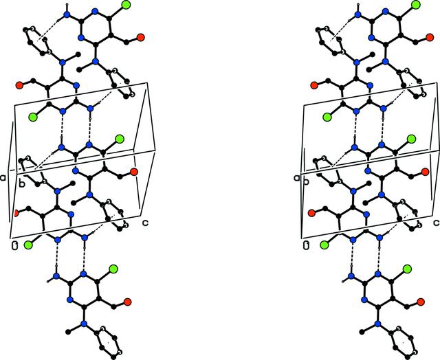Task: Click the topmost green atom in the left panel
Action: click(x=126, y=5)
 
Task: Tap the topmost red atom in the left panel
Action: click(x=140, y=37)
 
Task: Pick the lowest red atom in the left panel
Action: click(x=127, y=302)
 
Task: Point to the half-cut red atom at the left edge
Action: click(x=15, y=213)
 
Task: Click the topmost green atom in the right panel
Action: click(x=415, y=5)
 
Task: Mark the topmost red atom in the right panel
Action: click(x=430, y=37)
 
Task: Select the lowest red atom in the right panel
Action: click(x=420, y=302)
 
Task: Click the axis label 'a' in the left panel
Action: click(x=3, y=177)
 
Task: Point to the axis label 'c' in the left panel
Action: click(x=145, y=223)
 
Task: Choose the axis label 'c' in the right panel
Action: click(x=437, y=223)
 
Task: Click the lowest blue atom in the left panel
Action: click(x=83, y=324)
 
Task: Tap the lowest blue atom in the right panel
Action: click(x=377, y=324)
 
